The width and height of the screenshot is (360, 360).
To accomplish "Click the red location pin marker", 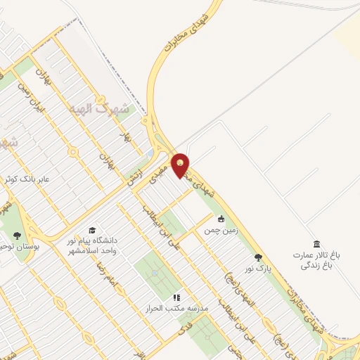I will tap(181, 165).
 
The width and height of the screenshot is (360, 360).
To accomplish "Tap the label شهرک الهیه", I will tap(100, 109).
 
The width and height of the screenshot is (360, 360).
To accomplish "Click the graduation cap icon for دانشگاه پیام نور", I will tap(92, 230).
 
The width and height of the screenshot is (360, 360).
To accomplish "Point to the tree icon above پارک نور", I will tap(258, 257).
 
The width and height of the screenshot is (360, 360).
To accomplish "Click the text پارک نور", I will tap(257, 269).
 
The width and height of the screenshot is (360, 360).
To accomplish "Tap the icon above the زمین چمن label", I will tap(221, 218).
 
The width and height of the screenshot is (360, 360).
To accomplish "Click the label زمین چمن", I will tap(221, 230).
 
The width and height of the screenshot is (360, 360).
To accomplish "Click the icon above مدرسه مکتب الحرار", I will tap(177, 297).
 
